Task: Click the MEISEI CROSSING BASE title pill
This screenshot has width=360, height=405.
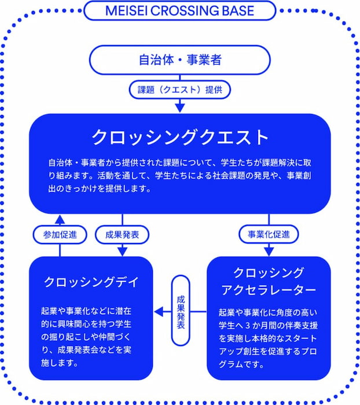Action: pyautogui.click(x=180, y=10)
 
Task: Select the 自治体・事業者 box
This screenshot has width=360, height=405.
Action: pyautogui.click(x=180, y=60)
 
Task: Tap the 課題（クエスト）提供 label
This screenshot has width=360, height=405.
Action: pyautogui.click(x=180, y=90)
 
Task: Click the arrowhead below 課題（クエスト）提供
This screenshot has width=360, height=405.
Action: pyautogui.click(x=180, y=108)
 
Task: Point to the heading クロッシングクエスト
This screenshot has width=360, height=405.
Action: pyautogui.click(x=180, y=137)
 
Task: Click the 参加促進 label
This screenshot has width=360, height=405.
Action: pyautogui.click(x=60, y=234)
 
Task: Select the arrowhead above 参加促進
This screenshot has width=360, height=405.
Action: pyautogui.click(x=60, y=219)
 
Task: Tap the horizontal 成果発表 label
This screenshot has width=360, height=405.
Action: pyautogui.click(x=122, y=234)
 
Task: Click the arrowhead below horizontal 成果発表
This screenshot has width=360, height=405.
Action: pyautogui.click(x=122, y=252)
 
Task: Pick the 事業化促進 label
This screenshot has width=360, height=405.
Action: pyautogui.click(x=269, y=234)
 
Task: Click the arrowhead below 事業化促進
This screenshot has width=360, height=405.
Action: pyautogui.click(x=269, y=252)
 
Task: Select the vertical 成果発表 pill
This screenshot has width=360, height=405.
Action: pyautogui.click(x=181, y=311)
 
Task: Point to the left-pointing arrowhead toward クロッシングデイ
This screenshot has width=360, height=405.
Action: pyautogui.click(x=159, y=311)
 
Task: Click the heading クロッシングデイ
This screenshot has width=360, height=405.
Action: pyautogui.click(x=91, y=282)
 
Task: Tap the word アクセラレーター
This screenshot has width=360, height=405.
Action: pyautogui.click(x=269, y=290)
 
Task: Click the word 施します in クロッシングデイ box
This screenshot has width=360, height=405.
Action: pyautogui.click(x=60, y=363)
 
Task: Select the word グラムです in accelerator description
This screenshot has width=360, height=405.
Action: pyautogui.click(x=241, y=364)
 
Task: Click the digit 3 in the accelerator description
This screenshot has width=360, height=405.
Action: pyautogui.click(x=248, y=325)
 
